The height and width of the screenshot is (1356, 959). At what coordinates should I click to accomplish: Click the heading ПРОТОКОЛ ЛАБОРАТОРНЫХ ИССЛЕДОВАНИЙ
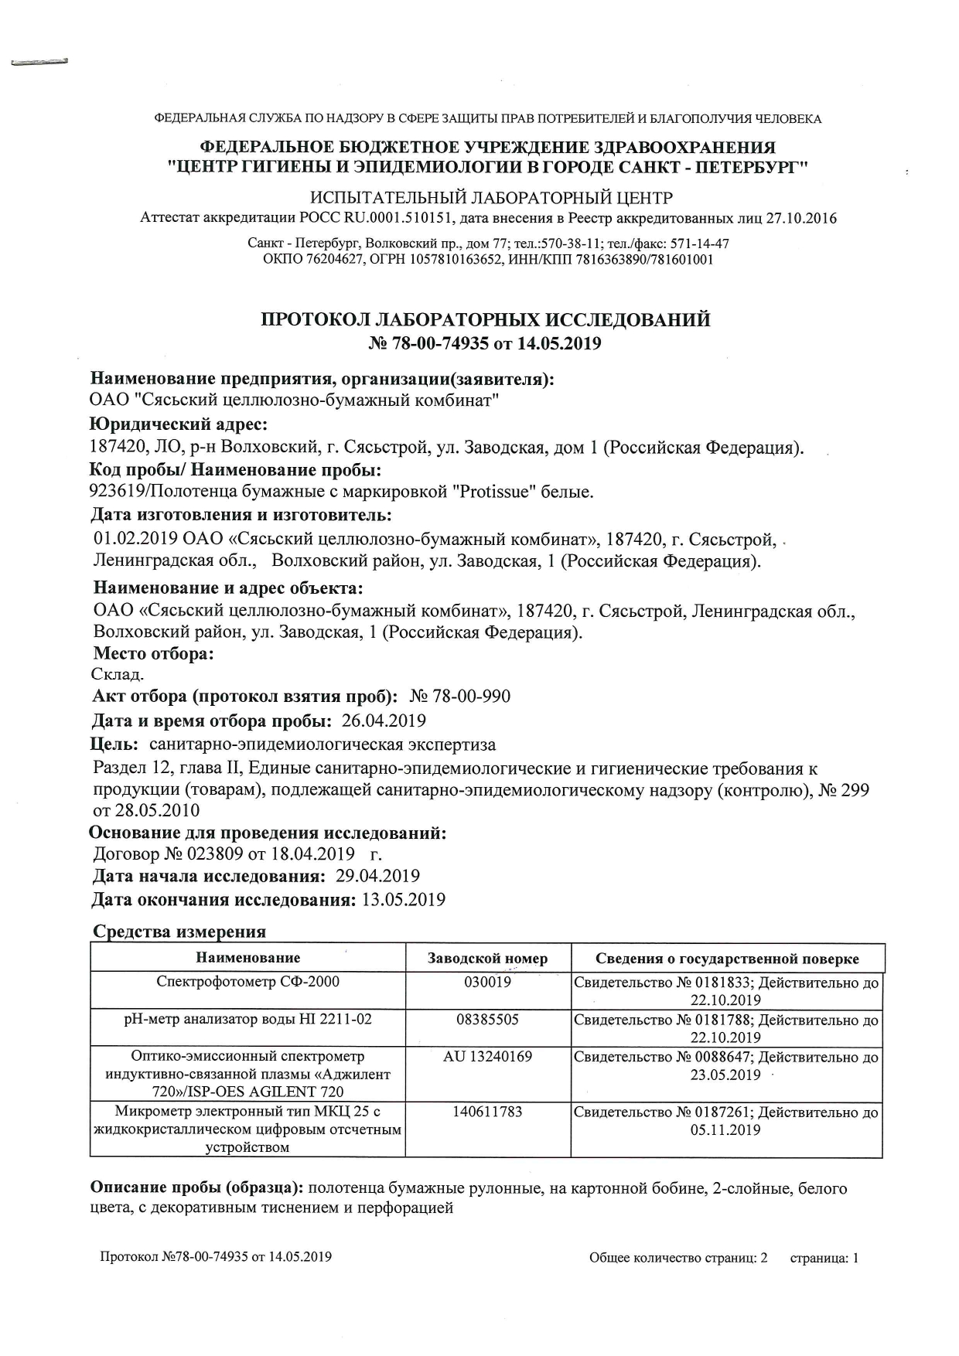tap(485, 320)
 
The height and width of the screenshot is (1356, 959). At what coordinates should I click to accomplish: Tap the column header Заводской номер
tap(487, 959)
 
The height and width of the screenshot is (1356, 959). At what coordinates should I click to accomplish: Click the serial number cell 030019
tap(488, 982)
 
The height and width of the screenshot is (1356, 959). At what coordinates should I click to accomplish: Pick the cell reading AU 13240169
tap(487, 1056)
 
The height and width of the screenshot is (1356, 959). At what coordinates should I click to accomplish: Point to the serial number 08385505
tap(487, 1019)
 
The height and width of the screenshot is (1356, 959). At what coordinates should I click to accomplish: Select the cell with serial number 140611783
tap(487, 1112)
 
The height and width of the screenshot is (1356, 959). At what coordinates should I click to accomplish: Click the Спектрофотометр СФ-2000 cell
tap(247, 982)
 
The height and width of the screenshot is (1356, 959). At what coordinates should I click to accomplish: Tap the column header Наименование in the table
tap(247, 959)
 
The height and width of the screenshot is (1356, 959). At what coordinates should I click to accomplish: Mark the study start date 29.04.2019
tap(378, 876)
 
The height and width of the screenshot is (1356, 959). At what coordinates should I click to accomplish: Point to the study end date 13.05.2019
tap(404, 900)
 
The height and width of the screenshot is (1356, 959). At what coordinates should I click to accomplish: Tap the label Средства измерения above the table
tap(179, 932)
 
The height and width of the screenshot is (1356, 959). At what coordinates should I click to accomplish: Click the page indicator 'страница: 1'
tap(824, 1258)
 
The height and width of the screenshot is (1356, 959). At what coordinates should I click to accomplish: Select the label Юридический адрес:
tap(179, 424)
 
